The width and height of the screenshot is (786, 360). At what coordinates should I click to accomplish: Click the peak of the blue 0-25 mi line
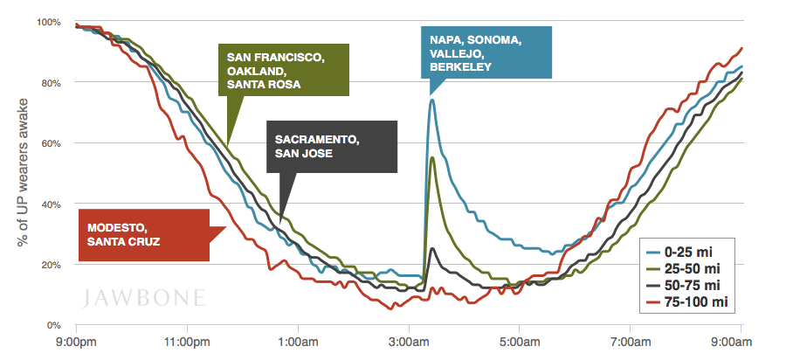(x=431, y=100)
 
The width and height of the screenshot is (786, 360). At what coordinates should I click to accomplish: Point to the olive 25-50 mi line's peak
(x=432, y=157)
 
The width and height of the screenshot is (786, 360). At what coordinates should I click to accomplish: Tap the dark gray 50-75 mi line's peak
(x=432, y=249)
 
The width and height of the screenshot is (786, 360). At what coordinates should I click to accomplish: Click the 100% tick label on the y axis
(x=49, y=21)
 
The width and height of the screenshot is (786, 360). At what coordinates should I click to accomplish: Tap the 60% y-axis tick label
(x=52, y=143)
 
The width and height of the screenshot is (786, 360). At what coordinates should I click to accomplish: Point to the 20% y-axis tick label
(x=52, y=265)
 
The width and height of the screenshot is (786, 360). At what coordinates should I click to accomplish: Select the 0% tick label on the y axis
(x=54, y=326)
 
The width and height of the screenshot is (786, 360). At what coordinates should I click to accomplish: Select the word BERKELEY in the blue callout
(x=460, y=66)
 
